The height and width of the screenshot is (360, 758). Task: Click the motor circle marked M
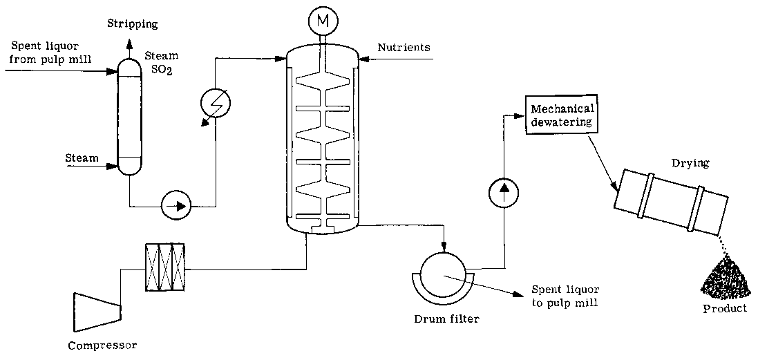click(x=322, y=22)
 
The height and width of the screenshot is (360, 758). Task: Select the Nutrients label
click(x=404, y=48)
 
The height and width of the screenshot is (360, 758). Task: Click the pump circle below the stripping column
click(x=176, y=205)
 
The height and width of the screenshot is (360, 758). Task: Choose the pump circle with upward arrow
click(x=504, y=192)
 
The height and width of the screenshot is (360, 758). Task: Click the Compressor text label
click(x=102, y=345)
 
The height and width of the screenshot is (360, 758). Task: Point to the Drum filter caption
click(x=446, y=319)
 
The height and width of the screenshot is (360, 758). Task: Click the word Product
click(x=725, y=308)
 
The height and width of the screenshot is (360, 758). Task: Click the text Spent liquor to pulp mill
click(x=565, y=294)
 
